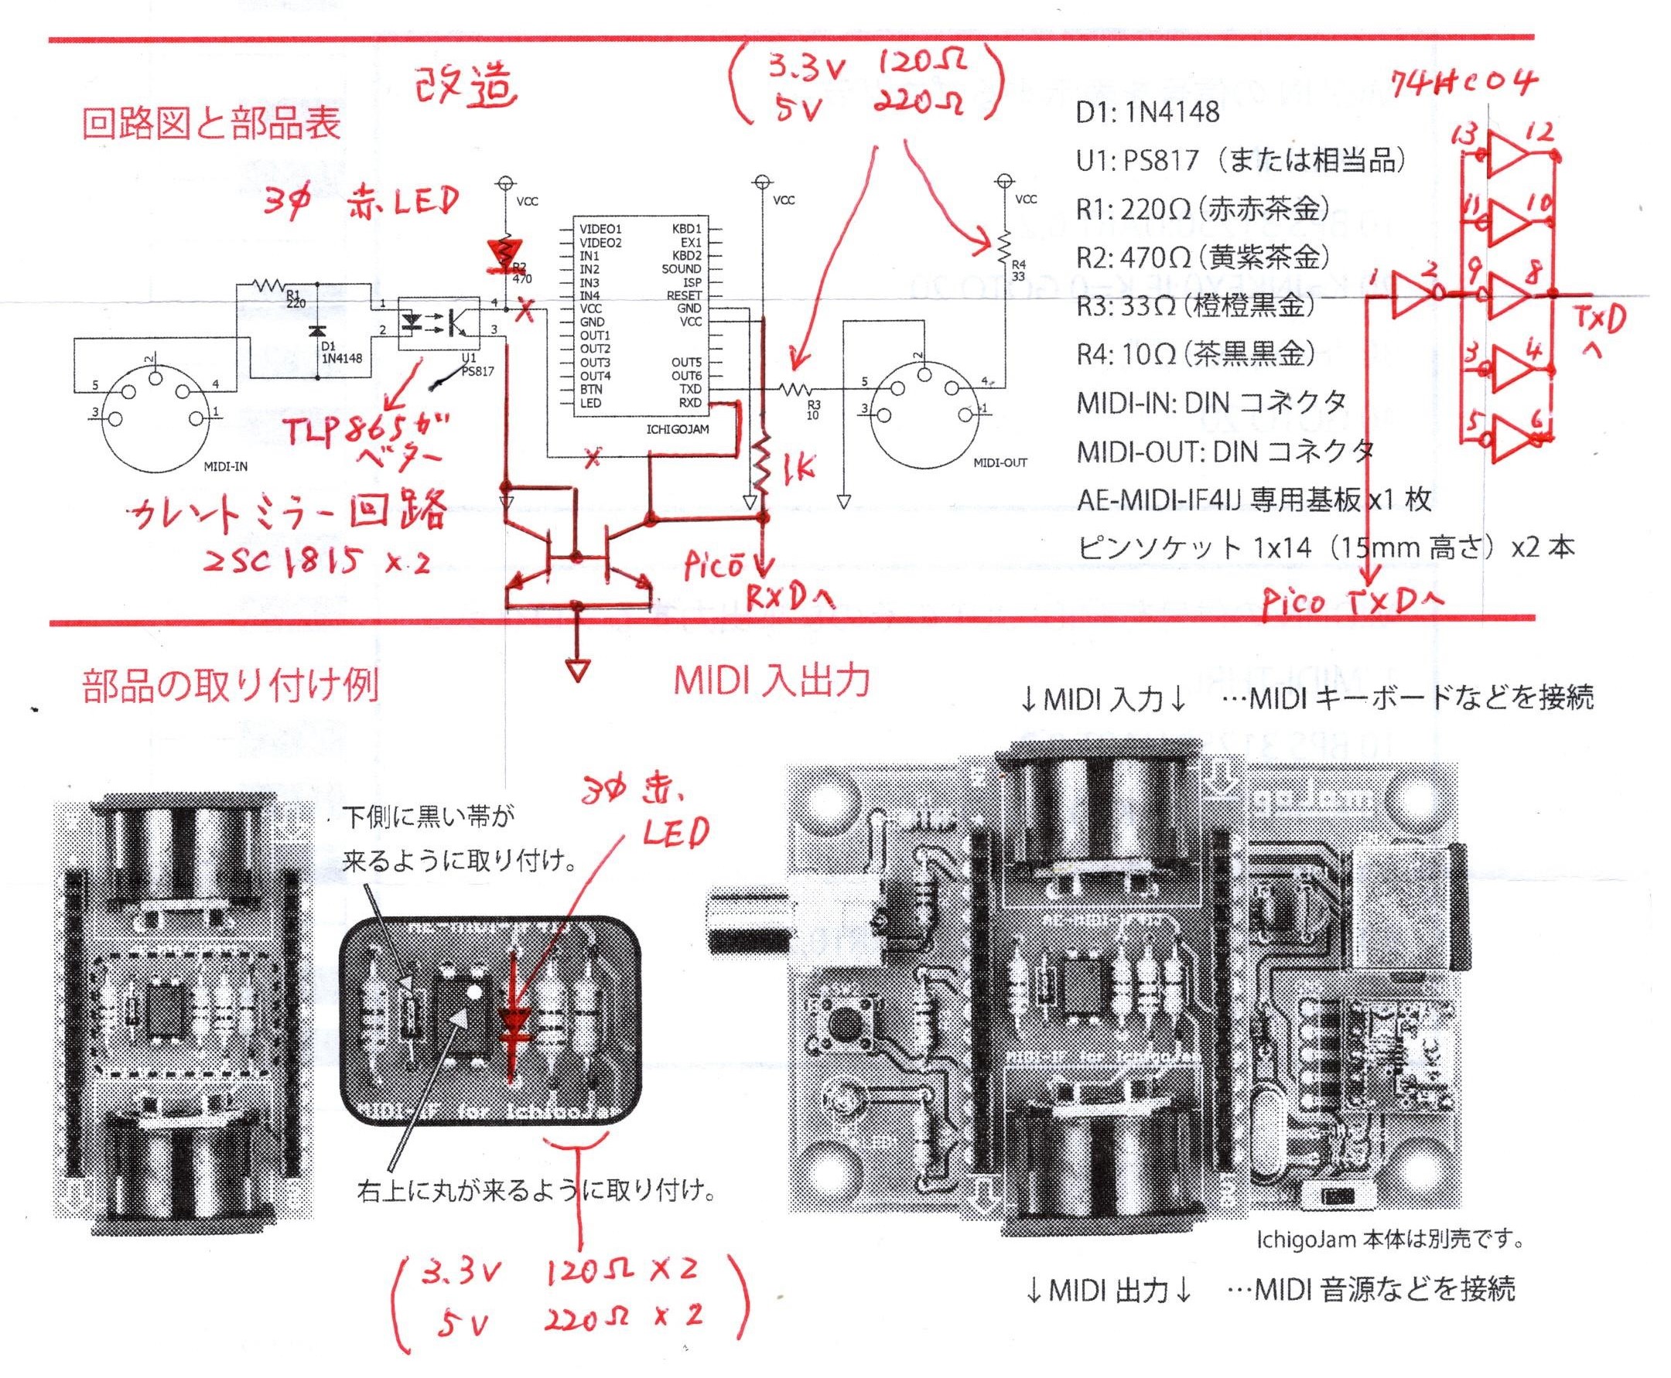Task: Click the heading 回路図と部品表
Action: click(211, 124)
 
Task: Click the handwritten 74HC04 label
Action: click(1464, 82)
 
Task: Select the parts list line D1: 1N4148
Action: click(1147, 113)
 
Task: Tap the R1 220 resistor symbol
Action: click(268, 285)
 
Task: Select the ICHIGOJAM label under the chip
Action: click(677, 429)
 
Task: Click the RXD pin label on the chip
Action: click(689, 402)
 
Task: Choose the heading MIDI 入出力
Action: click(771, 682)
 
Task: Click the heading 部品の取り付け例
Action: click(231, 685)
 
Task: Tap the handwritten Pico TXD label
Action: click(1351, 604)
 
